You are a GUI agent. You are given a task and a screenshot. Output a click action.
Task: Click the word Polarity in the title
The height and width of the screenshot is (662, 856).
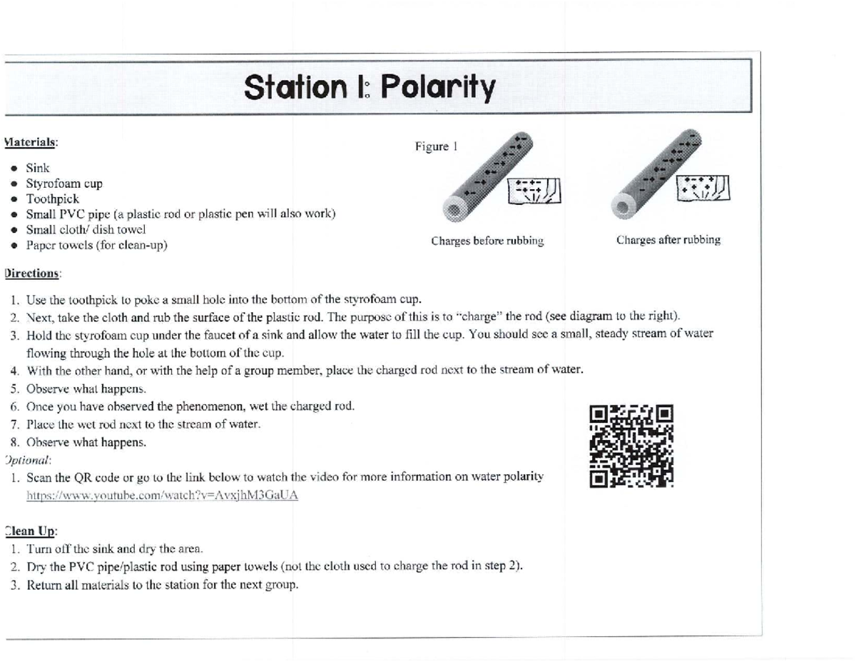(x=437, y=89)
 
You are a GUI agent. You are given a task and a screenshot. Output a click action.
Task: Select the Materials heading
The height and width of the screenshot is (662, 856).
(x=31, y=142)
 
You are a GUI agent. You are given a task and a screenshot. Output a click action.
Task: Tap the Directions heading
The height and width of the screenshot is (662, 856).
(x=33, y=273)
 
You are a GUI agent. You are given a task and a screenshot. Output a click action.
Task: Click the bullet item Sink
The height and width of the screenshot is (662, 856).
(x=38, y=169)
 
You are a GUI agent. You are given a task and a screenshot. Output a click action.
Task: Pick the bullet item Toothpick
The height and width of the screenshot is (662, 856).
(x=52, y=199)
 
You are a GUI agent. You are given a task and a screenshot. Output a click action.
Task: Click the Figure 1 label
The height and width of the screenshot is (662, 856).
(x=436, y=147)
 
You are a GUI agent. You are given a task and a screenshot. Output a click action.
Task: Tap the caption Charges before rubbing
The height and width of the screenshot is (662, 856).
(x=487, y=241)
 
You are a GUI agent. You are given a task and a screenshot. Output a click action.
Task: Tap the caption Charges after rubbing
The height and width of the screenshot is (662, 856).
(x=668, y=240)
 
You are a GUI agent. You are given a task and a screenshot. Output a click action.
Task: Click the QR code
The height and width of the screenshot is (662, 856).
(x=631, y=446)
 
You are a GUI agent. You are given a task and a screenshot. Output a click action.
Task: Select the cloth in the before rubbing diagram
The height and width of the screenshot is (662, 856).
(x=534, y=190)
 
